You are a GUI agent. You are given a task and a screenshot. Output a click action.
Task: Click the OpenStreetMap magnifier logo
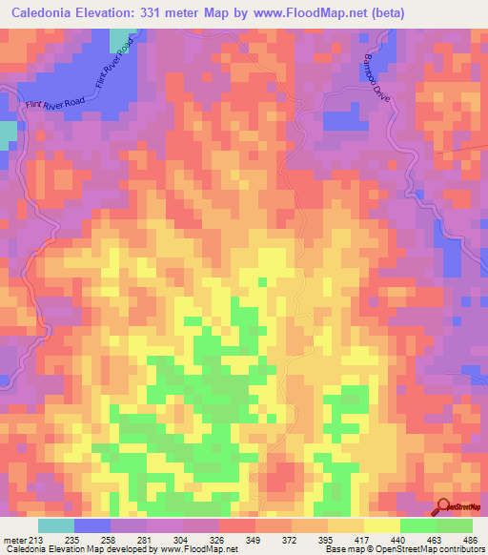click(x=444, y=506)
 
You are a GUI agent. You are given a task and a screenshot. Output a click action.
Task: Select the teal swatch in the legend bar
click(x=56, y=525)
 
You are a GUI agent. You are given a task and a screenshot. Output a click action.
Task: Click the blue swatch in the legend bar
click(x=92, y=525)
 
